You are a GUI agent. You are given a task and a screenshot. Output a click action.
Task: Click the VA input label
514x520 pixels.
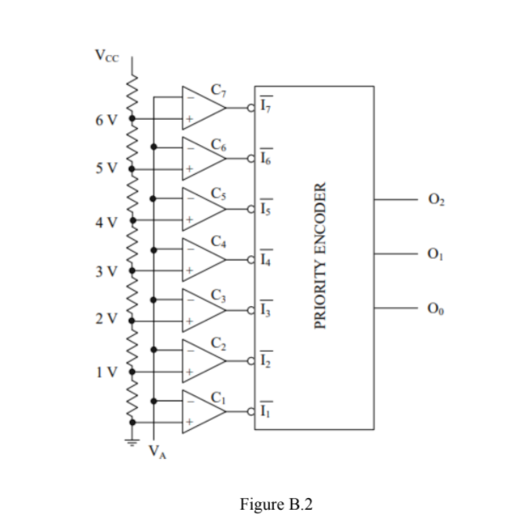pos(158,450)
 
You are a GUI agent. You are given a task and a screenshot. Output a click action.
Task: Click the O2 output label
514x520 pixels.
pos(436,200)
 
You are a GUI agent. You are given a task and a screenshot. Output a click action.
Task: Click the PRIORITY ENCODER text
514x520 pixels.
pos(320,254)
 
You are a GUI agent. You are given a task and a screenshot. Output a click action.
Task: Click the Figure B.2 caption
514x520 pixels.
pos(277,503)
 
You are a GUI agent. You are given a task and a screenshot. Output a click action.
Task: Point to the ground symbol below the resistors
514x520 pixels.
pos(131,440)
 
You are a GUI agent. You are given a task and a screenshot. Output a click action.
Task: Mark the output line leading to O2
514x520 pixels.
pos(393,201)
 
